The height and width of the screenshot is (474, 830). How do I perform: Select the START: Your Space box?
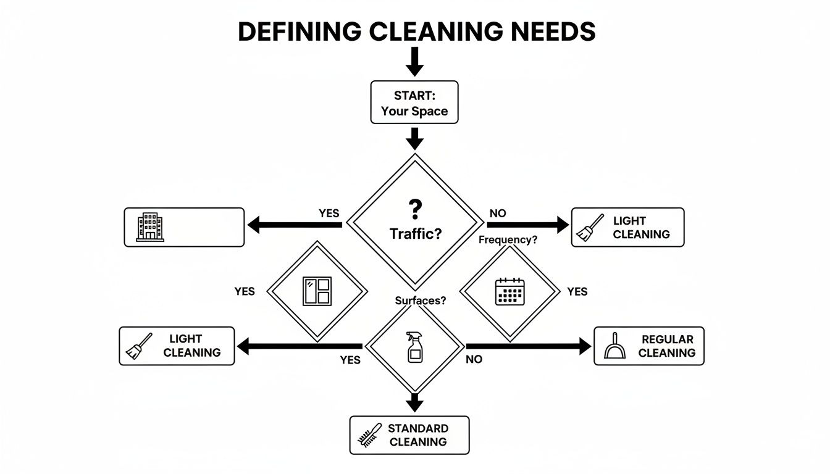coord(414,102)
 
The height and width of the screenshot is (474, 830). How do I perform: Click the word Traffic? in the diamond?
coord(415,234)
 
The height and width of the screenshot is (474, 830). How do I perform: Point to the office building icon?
coord(151,227)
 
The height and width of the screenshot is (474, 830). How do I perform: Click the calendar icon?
coord(509,292)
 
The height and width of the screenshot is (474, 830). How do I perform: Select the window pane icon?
coord(317,291)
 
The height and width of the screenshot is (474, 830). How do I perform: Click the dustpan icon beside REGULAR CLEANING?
coord(616,346)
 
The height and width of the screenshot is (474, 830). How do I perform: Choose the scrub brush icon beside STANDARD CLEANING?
coord(369,436)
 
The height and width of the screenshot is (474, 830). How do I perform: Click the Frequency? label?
coord(508,240)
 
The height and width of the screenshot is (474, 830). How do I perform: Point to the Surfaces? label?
coord(421,301)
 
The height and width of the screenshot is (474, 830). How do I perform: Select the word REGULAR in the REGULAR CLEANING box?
coord(668,339)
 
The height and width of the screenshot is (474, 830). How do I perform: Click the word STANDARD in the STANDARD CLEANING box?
coord(418,428)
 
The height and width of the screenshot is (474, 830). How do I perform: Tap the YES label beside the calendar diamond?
coord(577,291)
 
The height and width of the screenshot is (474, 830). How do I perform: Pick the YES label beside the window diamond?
coord(245,291)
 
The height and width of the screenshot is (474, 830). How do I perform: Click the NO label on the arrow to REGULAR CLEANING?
coord(474,359)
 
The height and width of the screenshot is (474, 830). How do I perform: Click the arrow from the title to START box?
coord(415,62)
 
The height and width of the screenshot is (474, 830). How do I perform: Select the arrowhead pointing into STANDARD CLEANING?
coord(415,404)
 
